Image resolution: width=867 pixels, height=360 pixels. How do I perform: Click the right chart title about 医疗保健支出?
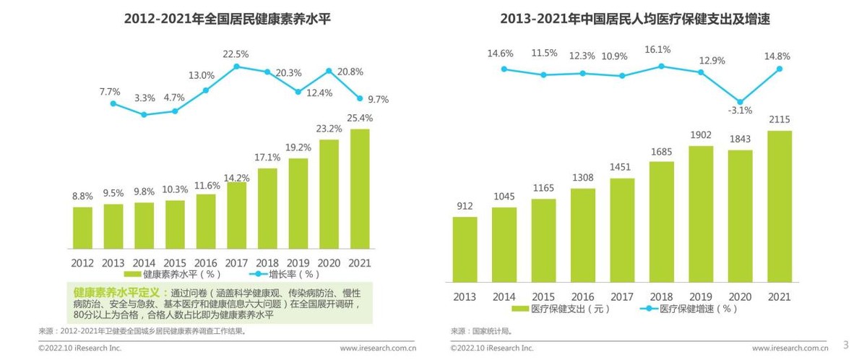pyautogui.click(x=634, y=19)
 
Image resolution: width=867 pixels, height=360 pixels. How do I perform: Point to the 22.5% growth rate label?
pyautogui.click(x=236, y=54)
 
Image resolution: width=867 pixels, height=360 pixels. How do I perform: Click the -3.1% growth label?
pyautogui.click(x=740, y=111)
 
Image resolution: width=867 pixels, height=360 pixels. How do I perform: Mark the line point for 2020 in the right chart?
pyautogui.click(x=740, y=102)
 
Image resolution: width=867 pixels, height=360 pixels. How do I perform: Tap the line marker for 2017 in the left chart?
pyautogui.click(x=236, y=67)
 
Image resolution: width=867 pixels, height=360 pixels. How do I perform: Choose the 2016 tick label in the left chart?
pyautogui.click(x=206, y=262)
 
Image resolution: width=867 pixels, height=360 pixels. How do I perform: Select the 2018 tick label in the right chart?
pyautogui.click(x=661, y=296)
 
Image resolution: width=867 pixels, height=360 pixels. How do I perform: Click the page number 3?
pyautogui.click(x=846, y=344)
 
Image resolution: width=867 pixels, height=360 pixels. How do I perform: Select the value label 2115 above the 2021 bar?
pyautogui.click(x=779, y=120)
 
